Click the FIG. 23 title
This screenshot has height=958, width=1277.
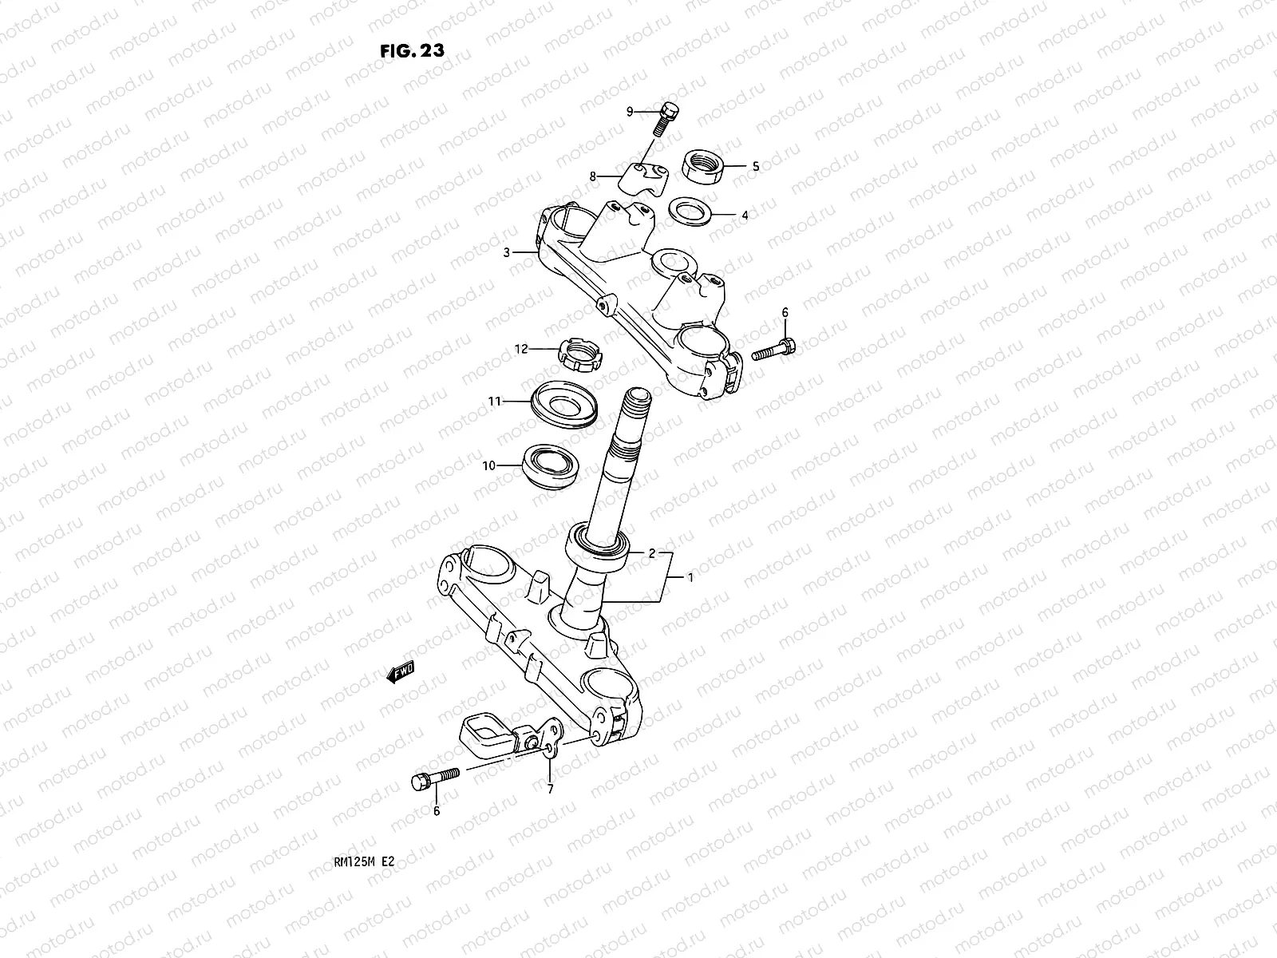(413, 49)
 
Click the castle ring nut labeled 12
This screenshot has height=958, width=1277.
(580, 354)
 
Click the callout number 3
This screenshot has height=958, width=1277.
(507, 252)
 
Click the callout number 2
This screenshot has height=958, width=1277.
(651, 552)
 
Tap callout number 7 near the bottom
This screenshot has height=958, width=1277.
(550, 790)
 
